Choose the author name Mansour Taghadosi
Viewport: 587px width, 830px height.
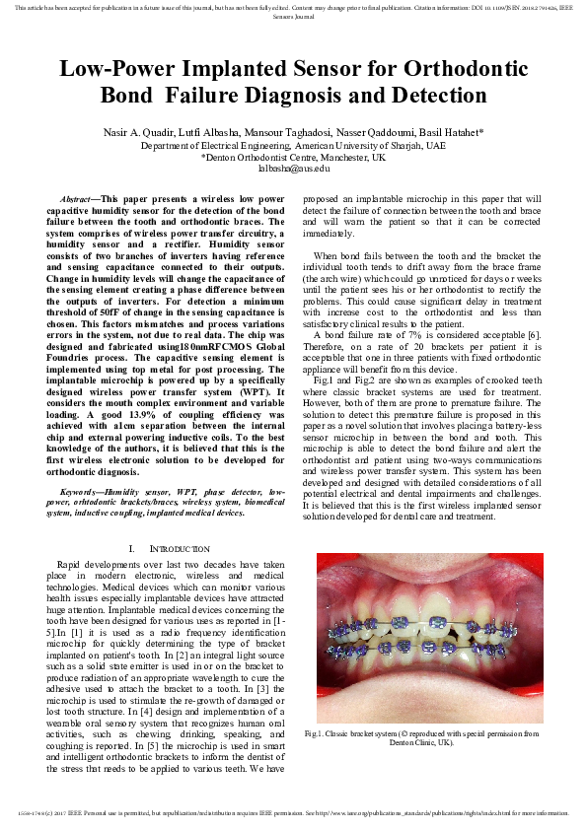point(286,132)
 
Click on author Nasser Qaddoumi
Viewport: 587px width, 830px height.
point(367,132)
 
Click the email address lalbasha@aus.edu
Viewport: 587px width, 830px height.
point(292,168)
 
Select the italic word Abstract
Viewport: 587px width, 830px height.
point(76,198)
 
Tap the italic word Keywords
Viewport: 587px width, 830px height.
point(81,491)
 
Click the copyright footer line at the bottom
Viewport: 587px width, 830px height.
point(293,813)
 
